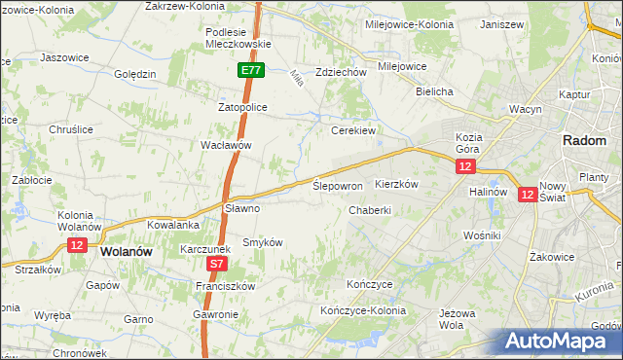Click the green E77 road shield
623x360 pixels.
click(x=250, y=70)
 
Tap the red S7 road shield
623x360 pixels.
click(x=217, y=263)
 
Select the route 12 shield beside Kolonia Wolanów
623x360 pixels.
click(x=77, y=244)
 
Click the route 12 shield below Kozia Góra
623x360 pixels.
click(x=464, y=167)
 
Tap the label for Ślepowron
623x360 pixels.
click(x=338, y=185)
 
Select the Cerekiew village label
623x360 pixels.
click(x=353, y=129)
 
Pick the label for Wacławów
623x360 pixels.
click(x=226, y=145)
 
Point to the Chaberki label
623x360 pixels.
click(x=370, y=210)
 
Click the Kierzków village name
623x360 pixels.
click(x=396, y=184)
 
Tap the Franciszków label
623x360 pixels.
click(x=224, y=286)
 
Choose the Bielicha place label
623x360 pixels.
click(x=434, y=91)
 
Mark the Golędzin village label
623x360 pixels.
click(x=135, y=75)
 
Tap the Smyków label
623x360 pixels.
click(x=262, y=241)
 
